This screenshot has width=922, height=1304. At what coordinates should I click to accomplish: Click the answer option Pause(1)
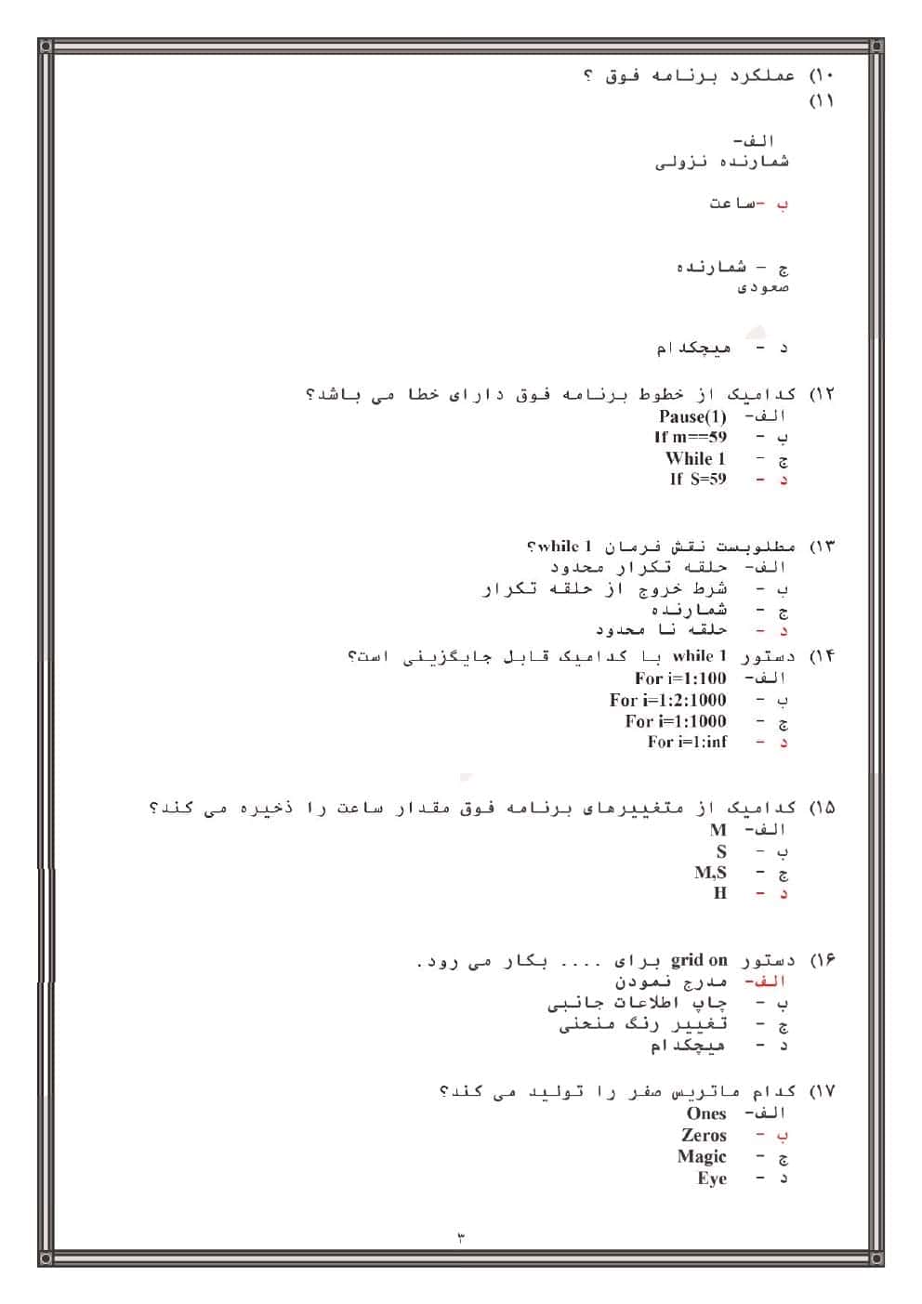click(692, 416)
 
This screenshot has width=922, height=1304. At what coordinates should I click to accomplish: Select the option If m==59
click(690, 437)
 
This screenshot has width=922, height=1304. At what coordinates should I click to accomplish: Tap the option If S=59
click(697, 479)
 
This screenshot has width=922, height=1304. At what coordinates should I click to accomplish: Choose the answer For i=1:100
click(680, 678)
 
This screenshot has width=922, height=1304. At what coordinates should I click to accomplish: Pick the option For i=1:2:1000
click(667, 700)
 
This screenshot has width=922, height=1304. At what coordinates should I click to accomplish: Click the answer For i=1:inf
click(687, 742)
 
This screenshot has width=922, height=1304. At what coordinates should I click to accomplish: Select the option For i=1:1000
click(675, 721)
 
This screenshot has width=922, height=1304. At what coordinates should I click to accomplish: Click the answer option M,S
click(710, 873)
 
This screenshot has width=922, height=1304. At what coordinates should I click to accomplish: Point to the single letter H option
click(719, 893)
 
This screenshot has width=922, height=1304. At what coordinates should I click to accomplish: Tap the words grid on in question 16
click(699, 959)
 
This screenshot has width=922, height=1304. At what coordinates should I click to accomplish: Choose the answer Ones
click(706, 1113)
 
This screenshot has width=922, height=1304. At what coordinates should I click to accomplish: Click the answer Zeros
click(704, 1135)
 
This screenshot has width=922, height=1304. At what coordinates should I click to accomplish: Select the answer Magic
click(702, 1157)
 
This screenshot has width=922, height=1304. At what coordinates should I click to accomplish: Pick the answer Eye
click(712, 1179)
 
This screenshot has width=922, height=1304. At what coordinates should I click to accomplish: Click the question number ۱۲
click(823, 394)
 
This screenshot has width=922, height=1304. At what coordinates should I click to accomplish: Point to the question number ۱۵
click(823, 807)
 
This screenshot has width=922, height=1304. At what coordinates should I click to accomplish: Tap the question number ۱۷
click(823, 1091)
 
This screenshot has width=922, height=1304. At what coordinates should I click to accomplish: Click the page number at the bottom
click(460, 1237)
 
